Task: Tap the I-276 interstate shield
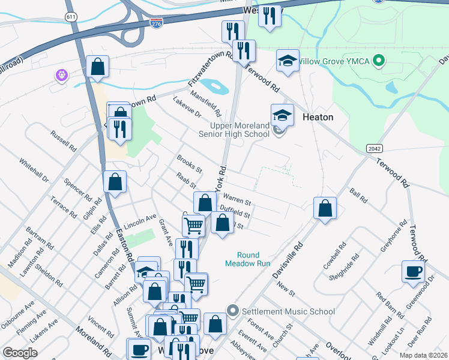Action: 155,22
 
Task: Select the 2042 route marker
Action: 373,148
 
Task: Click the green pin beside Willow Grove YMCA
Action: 378,61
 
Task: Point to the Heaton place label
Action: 318,117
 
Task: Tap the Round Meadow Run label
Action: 247,259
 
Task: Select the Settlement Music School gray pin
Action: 233,311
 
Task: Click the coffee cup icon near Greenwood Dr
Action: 412,270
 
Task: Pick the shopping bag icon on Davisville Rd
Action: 325,208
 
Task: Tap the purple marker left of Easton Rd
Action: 62,75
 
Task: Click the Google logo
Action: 20,352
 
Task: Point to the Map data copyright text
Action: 423,355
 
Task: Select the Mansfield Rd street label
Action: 206,103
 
